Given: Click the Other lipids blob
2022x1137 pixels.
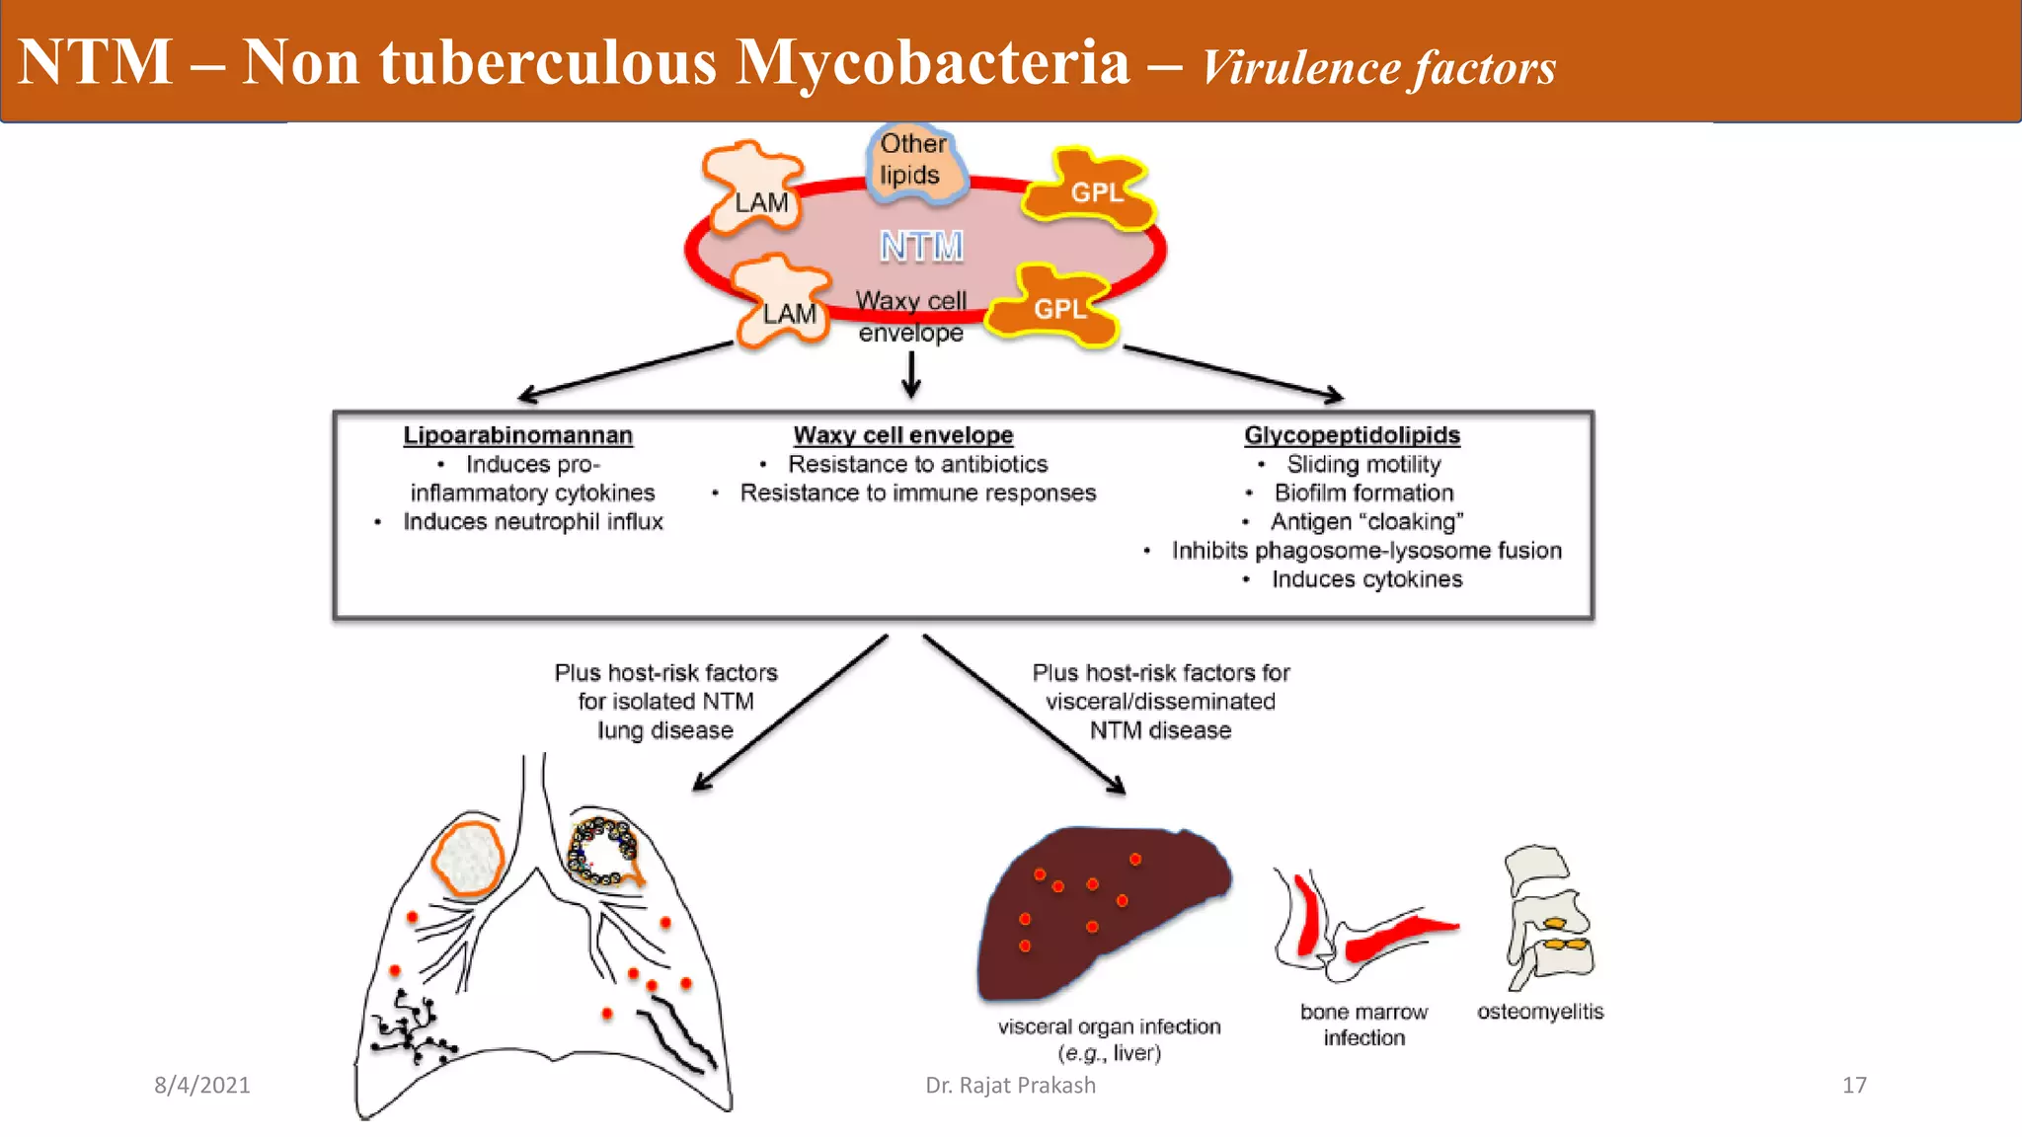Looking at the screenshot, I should click(913, 163).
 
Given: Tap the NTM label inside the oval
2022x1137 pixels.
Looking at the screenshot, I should click(921, 246).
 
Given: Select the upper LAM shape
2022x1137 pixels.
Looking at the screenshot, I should click(755, 189).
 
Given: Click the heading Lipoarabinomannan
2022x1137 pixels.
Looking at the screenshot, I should click(517, 435).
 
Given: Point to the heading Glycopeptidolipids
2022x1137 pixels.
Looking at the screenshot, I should click(1352, 435).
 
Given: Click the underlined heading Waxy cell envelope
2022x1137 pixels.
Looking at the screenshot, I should click(903, 435).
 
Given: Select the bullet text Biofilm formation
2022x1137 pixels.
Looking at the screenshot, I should click(1363, 493).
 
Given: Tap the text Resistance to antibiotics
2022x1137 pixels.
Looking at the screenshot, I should click(917, 464).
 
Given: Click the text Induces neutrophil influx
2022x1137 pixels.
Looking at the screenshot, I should click(532, 521).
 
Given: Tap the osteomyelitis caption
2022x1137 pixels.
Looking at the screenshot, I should click(1539, 1012).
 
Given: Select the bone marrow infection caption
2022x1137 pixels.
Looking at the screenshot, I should click(1363, 1024).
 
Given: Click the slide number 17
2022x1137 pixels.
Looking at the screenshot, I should click(1853, 1085).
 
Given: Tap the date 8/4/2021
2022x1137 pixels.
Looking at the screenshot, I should click(201, 1085).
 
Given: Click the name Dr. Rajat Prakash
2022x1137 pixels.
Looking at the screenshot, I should click(1010, 1085).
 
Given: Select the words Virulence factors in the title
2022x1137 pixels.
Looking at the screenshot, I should click(1378, 67).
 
